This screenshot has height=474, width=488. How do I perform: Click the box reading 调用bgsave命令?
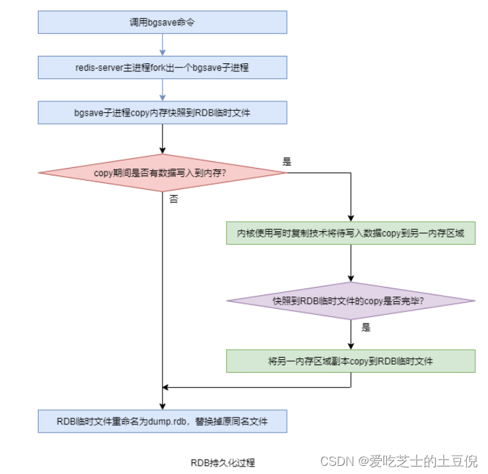(162, 22)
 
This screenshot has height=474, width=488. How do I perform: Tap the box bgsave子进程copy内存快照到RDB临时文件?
(162, 112)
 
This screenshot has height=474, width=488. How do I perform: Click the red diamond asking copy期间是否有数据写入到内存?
(162, 173)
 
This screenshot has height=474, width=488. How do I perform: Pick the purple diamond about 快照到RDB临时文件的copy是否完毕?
(351, 301)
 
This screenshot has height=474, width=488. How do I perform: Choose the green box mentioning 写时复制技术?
(351, 233)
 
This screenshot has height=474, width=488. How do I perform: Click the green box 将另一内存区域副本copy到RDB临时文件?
(351, 360)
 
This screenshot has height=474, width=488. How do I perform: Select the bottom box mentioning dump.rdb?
(162, 422)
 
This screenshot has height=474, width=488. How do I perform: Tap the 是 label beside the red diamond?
(287, 162)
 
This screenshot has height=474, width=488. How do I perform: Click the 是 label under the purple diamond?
(366, 328)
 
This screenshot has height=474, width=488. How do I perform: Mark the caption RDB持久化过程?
(223, 462)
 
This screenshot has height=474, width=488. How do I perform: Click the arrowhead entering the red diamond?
(162, 150)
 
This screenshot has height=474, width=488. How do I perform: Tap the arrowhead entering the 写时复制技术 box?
(351, 217)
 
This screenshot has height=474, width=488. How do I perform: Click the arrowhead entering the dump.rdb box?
(162, 406)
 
